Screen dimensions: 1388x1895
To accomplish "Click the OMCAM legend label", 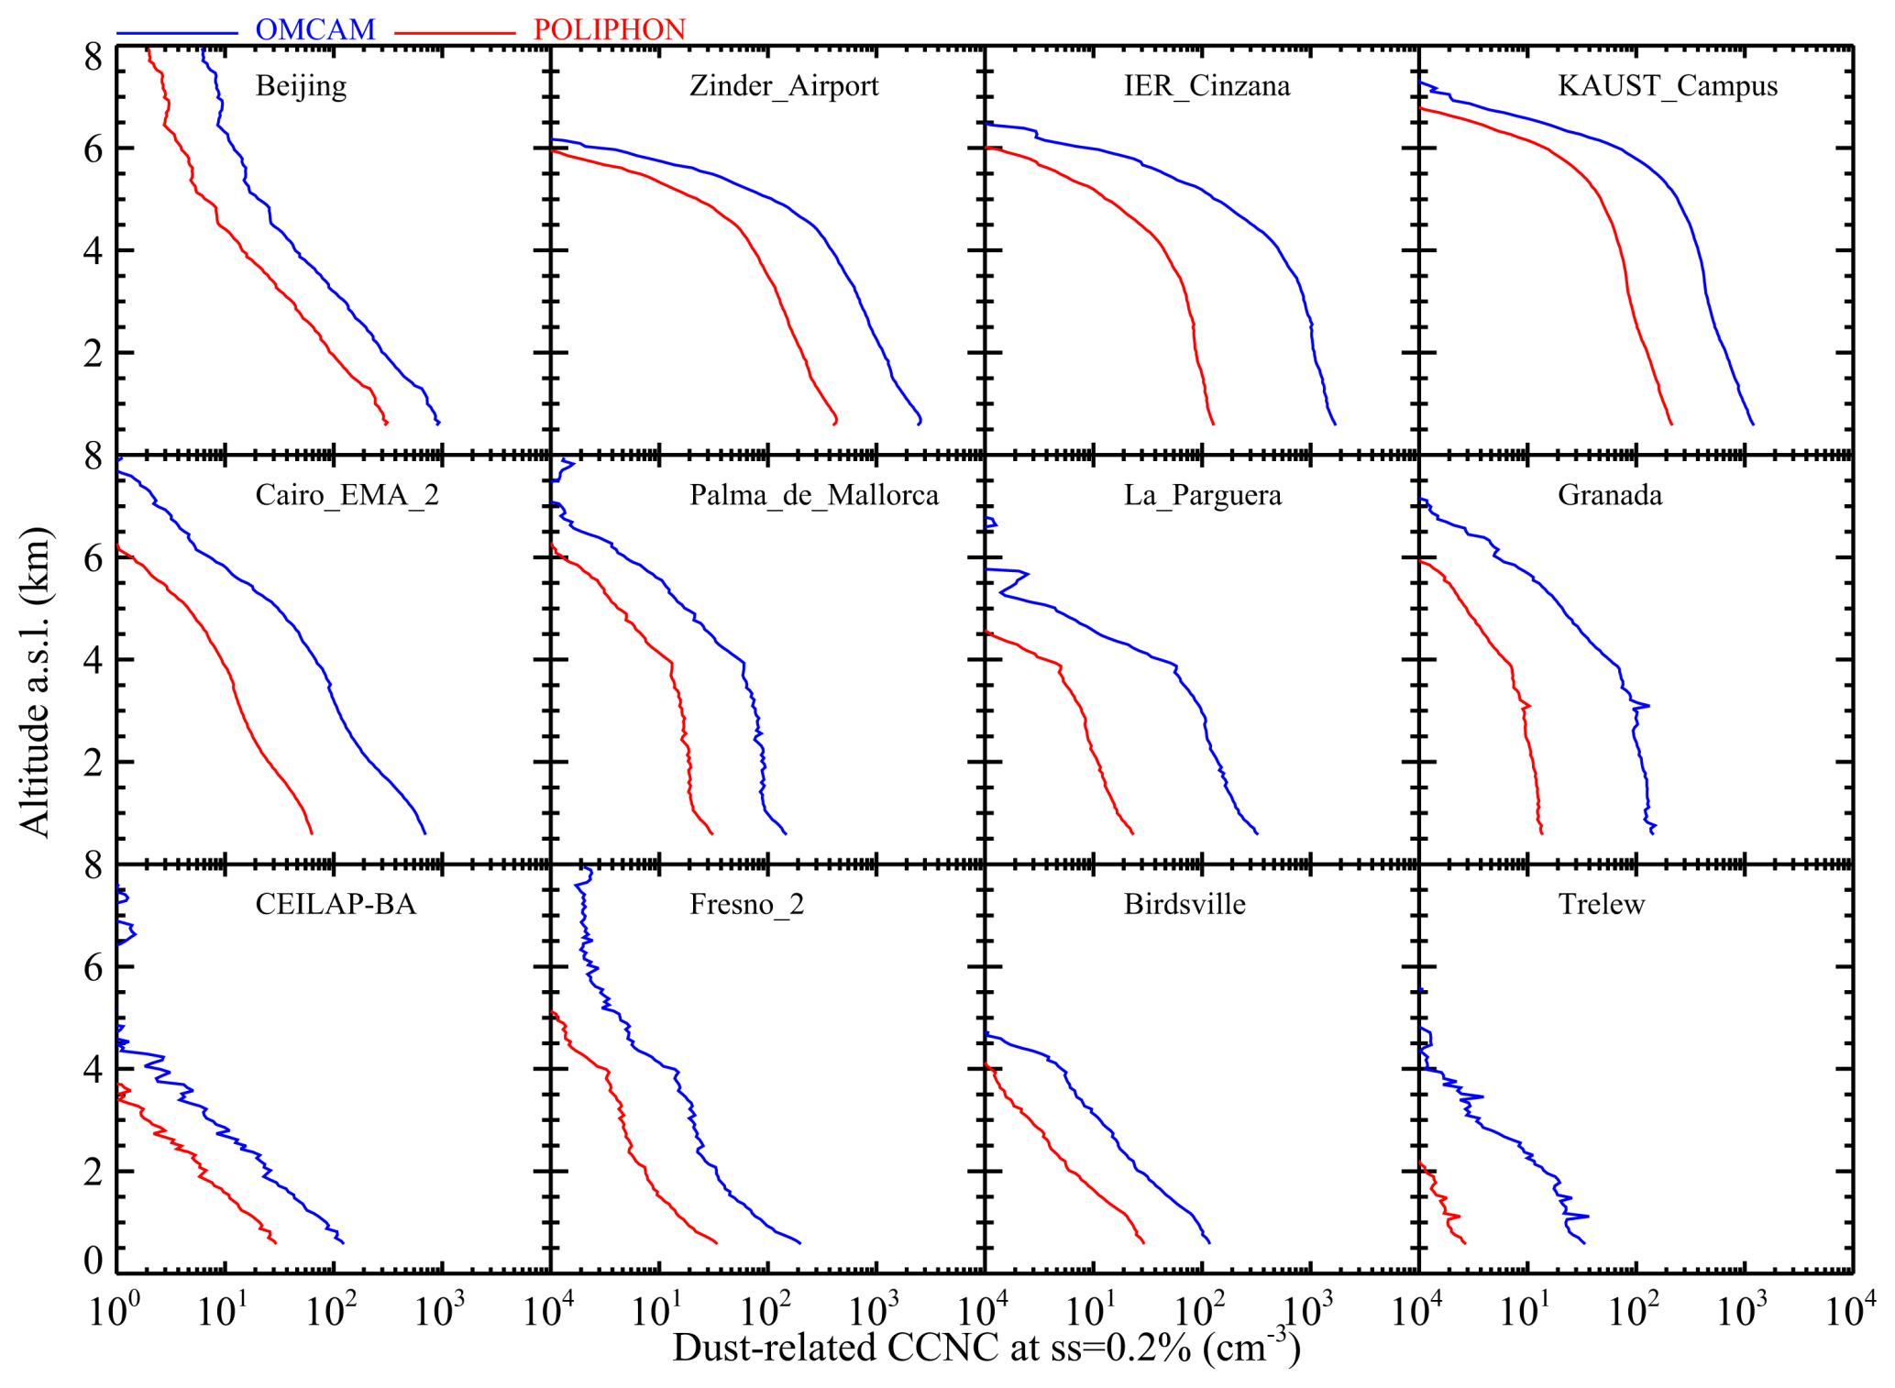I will coord(314,29).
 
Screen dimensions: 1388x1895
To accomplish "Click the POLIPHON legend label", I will coord(609,29).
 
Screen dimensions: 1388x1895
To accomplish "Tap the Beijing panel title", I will coord(301,86).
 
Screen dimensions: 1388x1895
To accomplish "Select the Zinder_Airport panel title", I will coord(784,86).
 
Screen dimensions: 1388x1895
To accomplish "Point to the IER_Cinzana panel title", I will coord(1206,86).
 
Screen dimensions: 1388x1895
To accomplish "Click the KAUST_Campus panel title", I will coord(1668,86).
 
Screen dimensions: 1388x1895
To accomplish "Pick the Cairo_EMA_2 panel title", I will coord(347,495).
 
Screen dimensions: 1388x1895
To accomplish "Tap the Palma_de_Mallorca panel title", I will coord(814,495).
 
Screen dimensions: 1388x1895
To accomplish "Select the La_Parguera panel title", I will coord(1203,495).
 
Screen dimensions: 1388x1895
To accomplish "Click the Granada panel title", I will coord(1610,495).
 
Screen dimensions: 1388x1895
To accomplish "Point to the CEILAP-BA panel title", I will coord(336,905).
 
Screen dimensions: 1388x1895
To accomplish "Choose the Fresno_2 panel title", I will coord(746,905).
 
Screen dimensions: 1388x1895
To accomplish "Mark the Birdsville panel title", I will coord(1184,905).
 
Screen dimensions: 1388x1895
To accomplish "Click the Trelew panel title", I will coord(1602,905).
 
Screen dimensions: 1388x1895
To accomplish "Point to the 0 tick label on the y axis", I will coord(93,1261).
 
